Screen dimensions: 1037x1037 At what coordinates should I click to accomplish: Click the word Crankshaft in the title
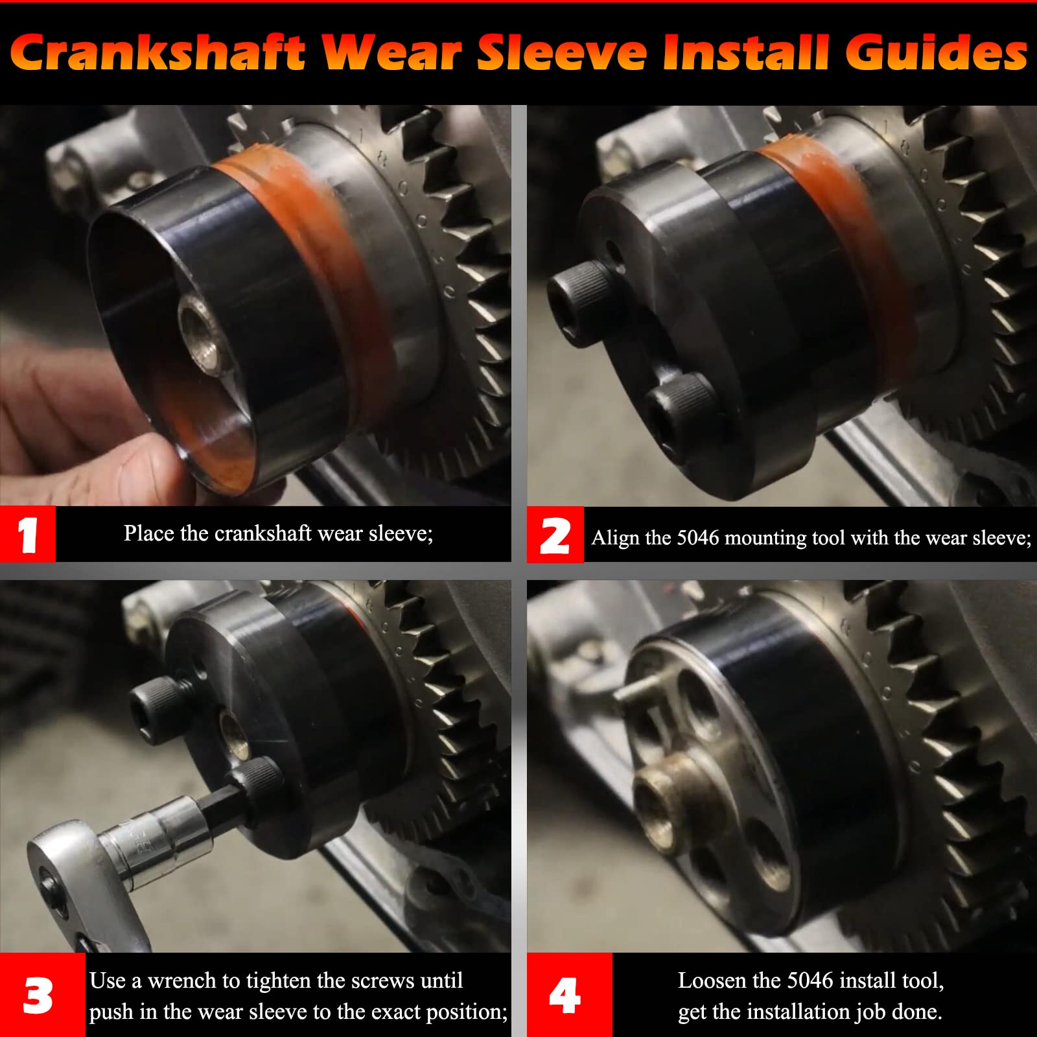point(157,53)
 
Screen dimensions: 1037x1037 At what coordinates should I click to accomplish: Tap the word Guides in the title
point(936,53)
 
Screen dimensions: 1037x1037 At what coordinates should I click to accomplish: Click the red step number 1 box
point(28,535)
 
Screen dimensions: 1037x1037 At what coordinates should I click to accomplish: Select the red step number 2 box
point(555,535)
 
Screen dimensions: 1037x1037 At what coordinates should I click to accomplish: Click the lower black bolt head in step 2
point(677,415)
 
